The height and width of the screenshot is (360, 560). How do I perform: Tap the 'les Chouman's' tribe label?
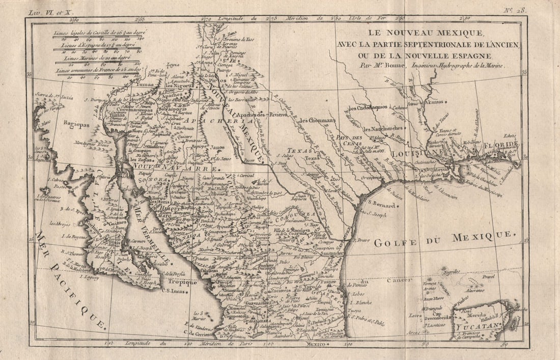318,120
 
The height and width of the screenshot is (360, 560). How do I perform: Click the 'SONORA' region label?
158,180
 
